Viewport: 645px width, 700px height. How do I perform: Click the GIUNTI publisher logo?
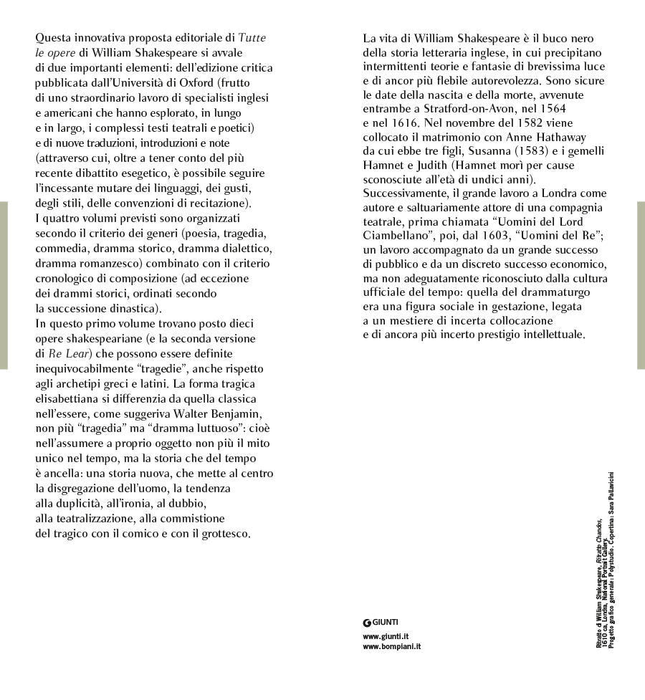381,622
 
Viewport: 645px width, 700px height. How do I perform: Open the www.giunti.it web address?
386,636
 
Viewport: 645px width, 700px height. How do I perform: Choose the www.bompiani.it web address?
391,646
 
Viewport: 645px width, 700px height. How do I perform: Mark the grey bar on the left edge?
4,285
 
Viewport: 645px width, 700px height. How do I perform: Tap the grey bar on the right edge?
641,285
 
